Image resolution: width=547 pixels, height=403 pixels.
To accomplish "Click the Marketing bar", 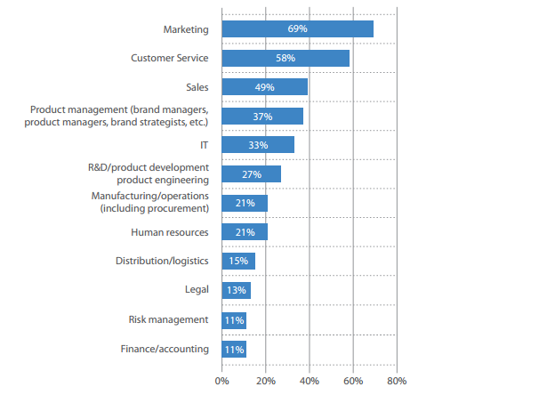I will point(297,29).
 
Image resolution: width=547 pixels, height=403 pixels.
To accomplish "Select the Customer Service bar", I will point(285,58).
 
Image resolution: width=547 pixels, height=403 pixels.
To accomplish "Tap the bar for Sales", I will point(264,87).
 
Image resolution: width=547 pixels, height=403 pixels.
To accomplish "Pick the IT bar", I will point(257,145).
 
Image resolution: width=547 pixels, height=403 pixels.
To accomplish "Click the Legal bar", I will point(236,290).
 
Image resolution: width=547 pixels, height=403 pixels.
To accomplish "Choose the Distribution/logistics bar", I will point(237,261).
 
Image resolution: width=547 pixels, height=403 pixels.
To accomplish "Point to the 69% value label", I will point(297,29).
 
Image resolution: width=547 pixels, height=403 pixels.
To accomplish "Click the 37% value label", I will point(261,117).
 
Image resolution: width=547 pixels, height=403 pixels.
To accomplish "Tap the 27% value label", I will point(251,174).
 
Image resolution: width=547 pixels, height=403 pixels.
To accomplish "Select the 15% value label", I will point(237,261).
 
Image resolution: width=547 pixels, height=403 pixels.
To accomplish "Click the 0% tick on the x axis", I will point(221,381).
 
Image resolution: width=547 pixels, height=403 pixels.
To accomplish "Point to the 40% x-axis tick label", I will point(309,381).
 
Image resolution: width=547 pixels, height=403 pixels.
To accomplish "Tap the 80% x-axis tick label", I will point(397,381).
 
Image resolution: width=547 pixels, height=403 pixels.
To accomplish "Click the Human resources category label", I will point(169,232).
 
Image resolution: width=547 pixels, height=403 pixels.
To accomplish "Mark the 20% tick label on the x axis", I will point(265,381).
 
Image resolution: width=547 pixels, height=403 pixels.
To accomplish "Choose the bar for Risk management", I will point(233,319).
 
